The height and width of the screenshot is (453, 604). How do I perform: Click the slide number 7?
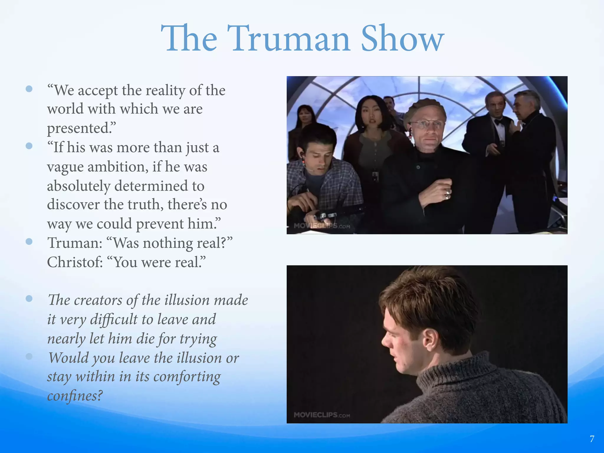coord(592,439)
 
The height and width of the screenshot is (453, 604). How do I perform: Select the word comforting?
coord(187,377)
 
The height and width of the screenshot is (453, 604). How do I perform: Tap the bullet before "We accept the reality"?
coord(29,89)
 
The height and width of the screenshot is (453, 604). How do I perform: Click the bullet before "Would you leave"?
coord(29,357)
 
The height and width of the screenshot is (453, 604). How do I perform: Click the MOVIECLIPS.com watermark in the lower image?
coord(322,415)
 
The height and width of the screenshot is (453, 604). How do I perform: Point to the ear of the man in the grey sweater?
coord(429,339)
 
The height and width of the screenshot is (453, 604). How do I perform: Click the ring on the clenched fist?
coord(448,193)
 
